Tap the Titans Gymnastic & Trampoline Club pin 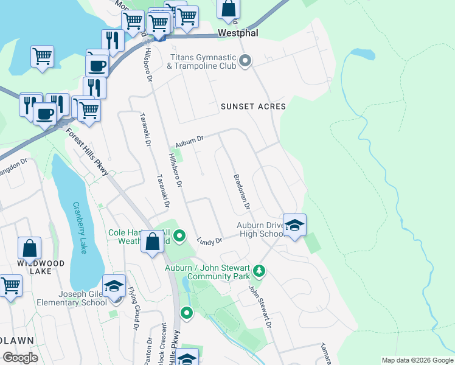pos(246,60)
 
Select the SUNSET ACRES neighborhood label pos(253,106)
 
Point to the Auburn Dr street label pos(189,141)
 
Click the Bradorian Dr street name pos(241,191)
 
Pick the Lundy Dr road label pos(210,242)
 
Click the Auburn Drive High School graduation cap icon pos(294,225)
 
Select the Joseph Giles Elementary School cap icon pos(114,286)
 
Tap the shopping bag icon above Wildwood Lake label pos(29,248)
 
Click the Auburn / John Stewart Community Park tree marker pos(259,270)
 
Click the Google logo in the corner pos(21,357)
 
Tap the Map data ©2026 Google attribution pos(417,360)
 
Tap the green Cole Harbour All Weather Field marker pos(179,235)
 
